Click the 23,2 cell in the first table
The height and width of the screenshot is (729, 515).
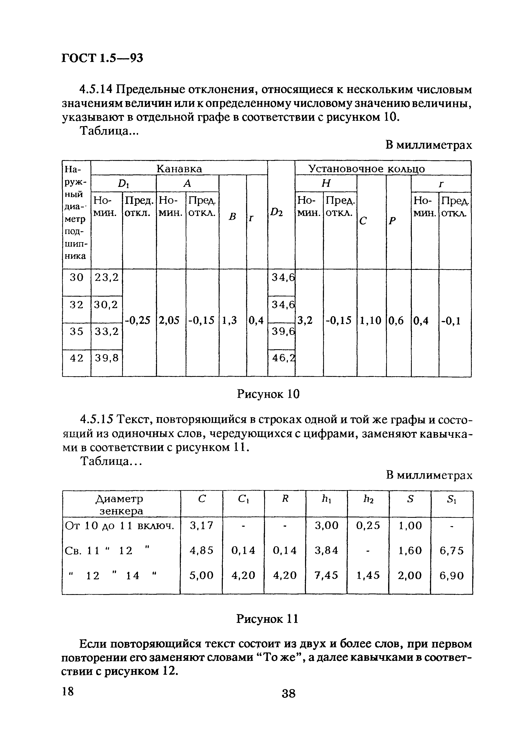[x=107, y=278]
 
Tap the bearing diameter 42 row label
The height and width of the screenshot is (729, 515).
[x=76, y=358]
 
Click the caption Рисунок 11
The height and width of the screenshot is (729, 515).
[x=267, y=619]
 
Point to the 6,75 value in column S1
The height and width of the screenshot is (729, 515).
[x=452, y=550]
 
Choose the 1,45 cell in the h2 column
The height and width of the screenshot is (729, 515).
[x=368, y=575]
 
